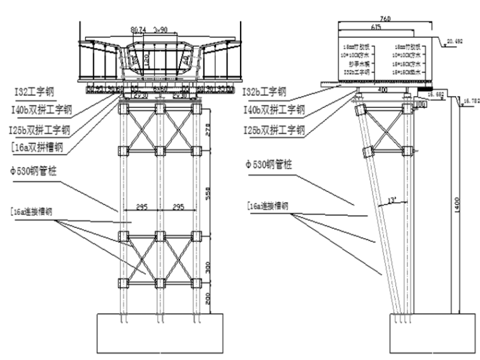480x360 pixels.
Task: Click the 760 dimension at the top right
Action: click(377, 20)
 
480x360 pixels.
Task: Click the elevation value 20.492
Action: click(454, 42)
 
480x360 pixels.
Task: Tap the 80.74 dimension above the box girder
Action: click(138, 30)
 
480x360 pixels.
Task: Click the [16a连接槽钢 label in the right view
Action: click(268, 206)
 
